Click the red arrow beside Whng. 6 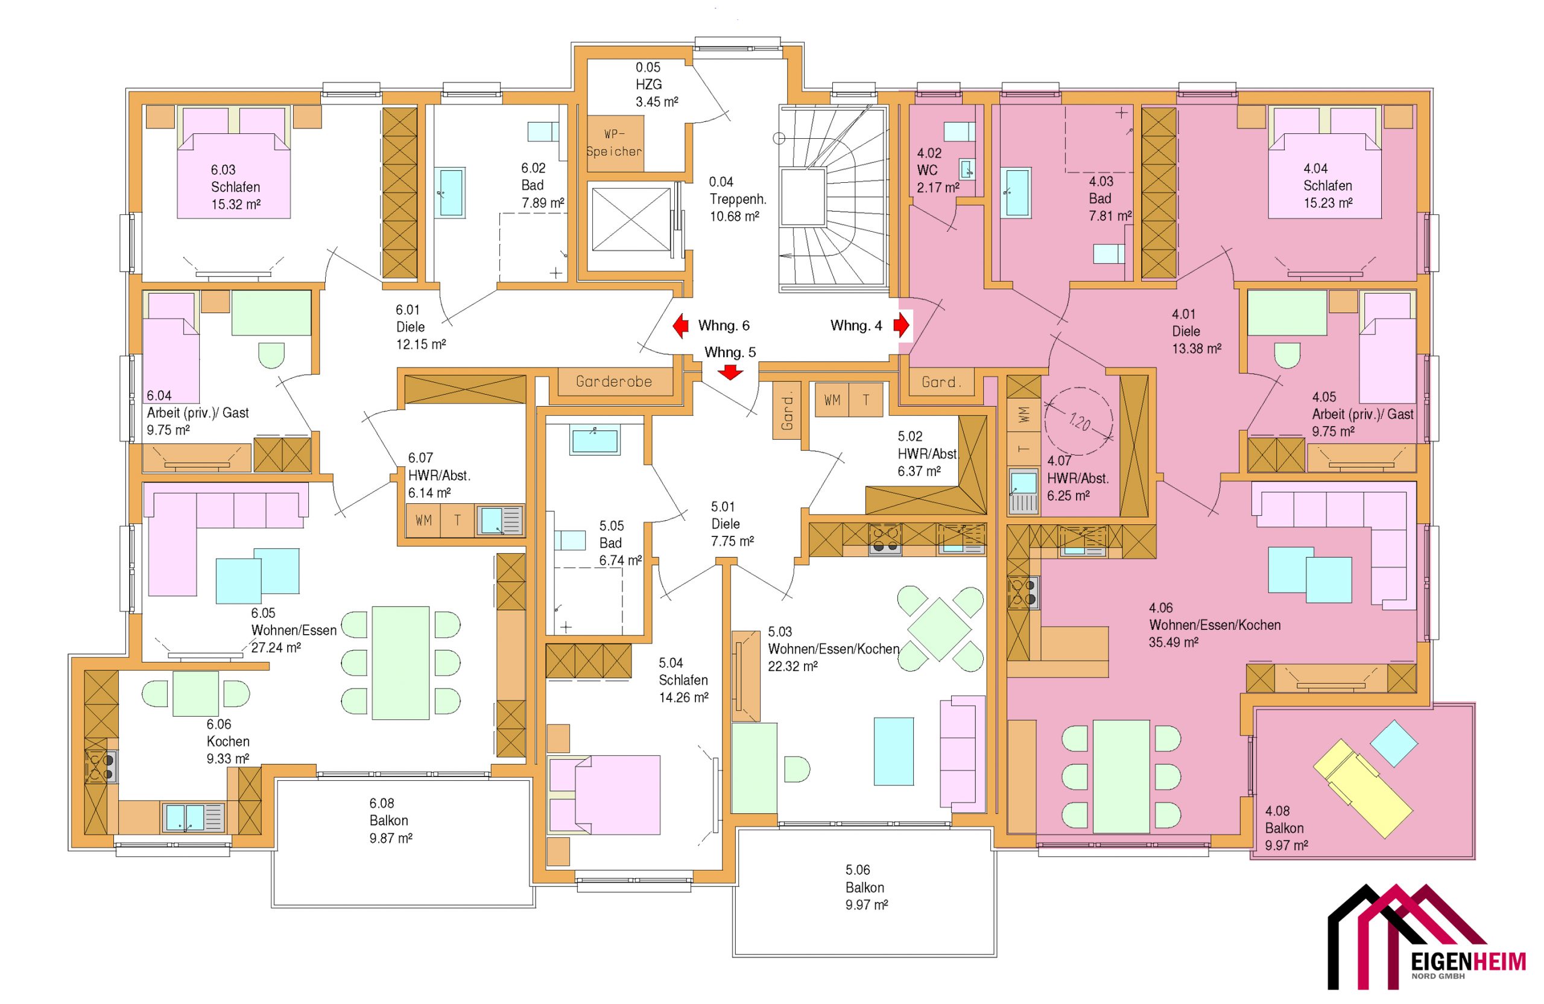[x=680, y=326]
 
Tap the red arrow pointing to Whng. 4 [x=901, y=325]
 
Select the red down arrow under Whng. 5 [x=730, y=372]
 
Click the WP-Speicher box [x=615, y=144]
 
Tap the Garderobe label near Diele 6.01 [x=614, y=381]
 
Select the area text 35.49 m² [x=1174, y=642]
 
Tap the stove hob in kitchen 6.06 [x=101, y=766]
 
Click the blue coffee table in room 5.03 [x=894, y=750]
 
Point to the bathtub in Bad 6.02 [x=452, y=192]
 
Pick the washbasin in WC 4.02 [x=968, y=170]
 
